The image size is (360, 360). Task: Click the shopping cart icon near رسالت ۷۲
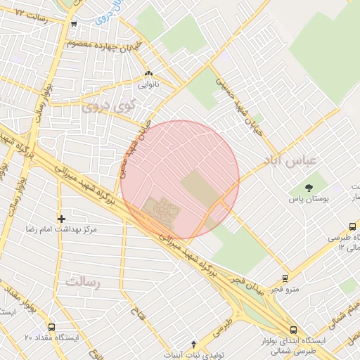pos(74,24)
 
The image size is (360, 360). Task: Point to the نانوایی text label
pos(148,84)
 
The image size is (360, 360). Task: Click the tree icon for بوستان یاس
pos(309,186)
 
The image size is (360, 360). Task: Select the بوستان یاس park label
pos(309,200)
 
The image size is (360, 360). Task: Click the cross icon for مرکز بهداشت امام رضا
pos(61,219)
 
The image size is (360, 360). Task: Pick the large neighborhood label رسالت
pos(84,281)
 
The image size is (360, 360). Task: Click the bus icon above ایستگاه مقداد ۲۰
pos(51,327)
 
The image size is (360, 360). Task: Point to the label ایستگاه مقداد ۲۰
pos(53,338)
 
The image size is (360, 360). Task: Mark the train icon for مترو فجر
pos(285,278)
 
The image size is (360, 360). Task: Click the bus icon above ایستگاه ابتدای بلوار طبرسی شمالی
pos(293,329)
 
